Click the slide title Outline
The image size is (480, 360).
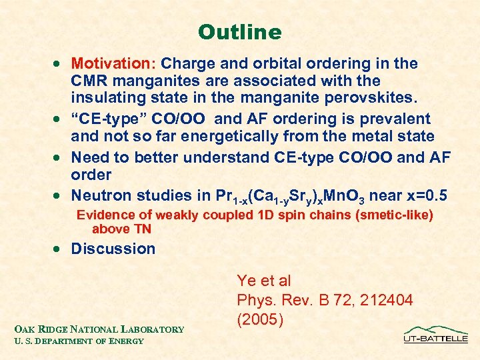coord(240,31)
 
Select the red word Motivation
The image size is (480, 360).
coord(111,64)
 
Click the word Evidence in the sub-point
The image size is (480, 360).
coord(103,215)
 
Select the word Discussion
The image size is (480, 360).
coord(113,249)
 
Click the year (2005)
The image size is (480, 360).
coord(261,319)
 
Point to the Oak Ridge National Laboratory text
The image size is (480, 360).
coord(99,329)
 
